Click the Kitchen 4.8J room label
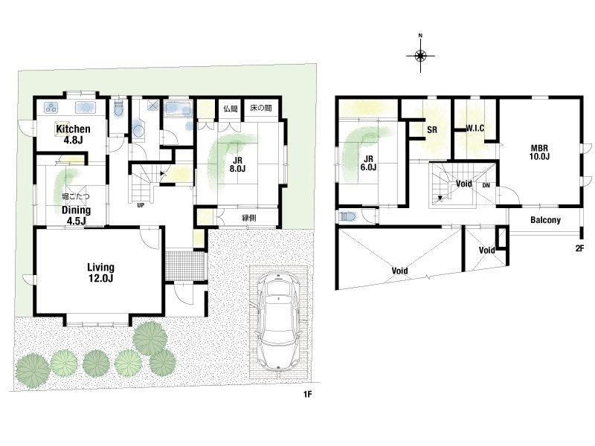tap(73, 135)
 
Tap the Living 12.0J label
tap(100, 273)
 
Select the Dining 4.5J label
tap(77, 215)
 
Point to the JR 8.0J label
tap(237, 164)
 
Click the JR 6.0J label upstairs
tap(368, 163)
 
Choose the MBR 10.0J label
tap(539, 152)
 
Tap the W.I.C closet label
tap(475, 128)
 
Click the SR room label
tap(432, 129)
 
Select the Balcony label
tap(545, 220)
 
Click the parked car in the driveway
tap(278, 321)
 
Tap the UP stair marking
tap(141, 206)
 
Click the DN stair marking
tap(486, 185)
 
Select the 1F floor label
tap(307, 395)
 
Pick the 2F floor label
tap(579, 249)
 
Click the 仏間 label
tap(230, 109)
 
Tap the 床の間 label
tap(261, 109)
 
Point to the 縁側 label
tap(249, 218)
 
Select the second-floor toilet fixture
tap(347, 217)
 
